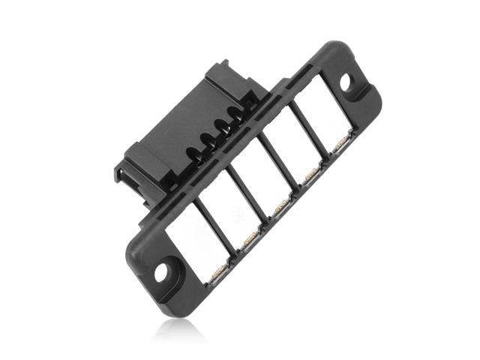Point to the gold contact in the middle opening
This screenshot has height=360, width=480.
pyautogui.click(x=282, y=204)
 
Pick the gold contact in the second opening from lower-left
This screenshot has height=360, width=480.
pyautogui.click(x=250, y=239)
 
